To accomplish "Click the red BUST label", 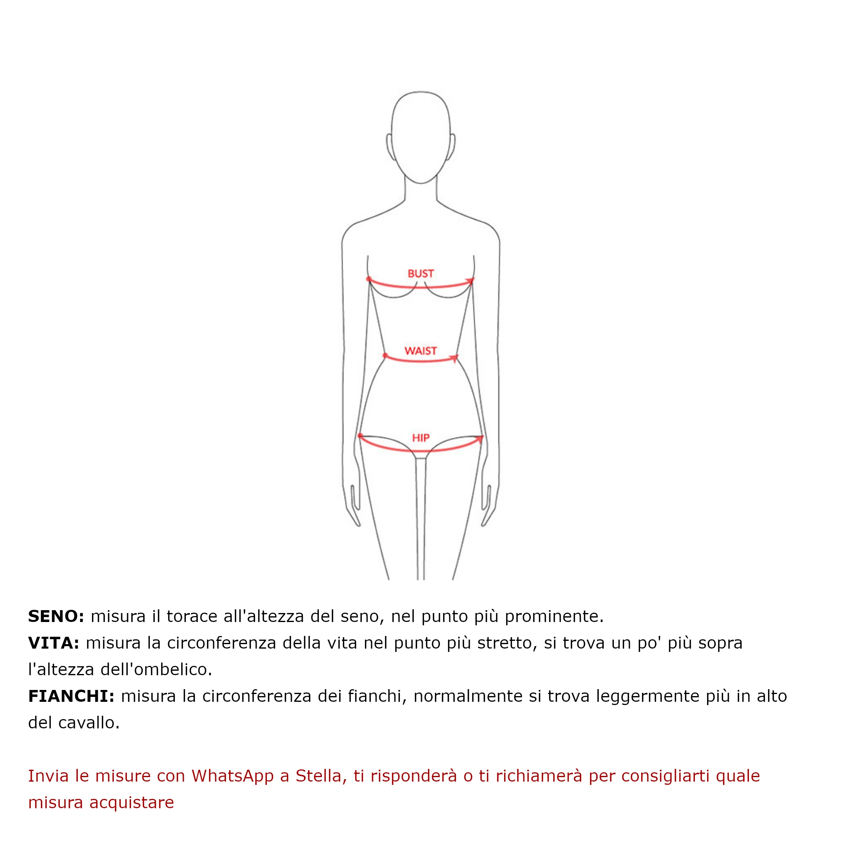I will pyautogui.click(x=421, y=274).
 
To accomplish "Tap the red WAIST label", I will pyautogui.click(x=421, y=351).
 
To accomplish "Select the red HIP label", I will pyautogui.click(x=421, y=437).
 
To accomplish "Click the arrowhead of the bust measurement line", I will pyautogui.click(x=470, y=281).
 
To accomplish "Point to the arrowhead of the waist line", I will pyautogui.click(x=455, y=358).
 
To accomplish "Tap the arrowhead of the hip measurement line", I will pyautogui.click(x=480, y=438).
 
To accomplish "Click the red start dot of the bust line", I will pyautogui.click(x=369, y=279).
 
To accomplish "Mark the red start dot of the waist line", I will pyautogui.click(x=385, y=356).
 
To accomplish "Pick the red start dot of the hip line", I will pyautogui.click(x=360, y=435).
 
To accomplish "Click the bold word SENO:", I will pyautogui.click(x=56, y=617).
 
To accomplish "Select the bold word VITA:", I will pyautogui.click(x=54, y=643).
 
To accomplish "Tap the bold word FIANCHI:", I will pyautogui.click(x=71, y=696).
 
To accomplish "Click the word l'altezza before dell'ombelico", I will pyautogui.click(x=61, y=669).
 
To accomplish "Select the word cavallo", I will pyautogui.click(x=88, y=723).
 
